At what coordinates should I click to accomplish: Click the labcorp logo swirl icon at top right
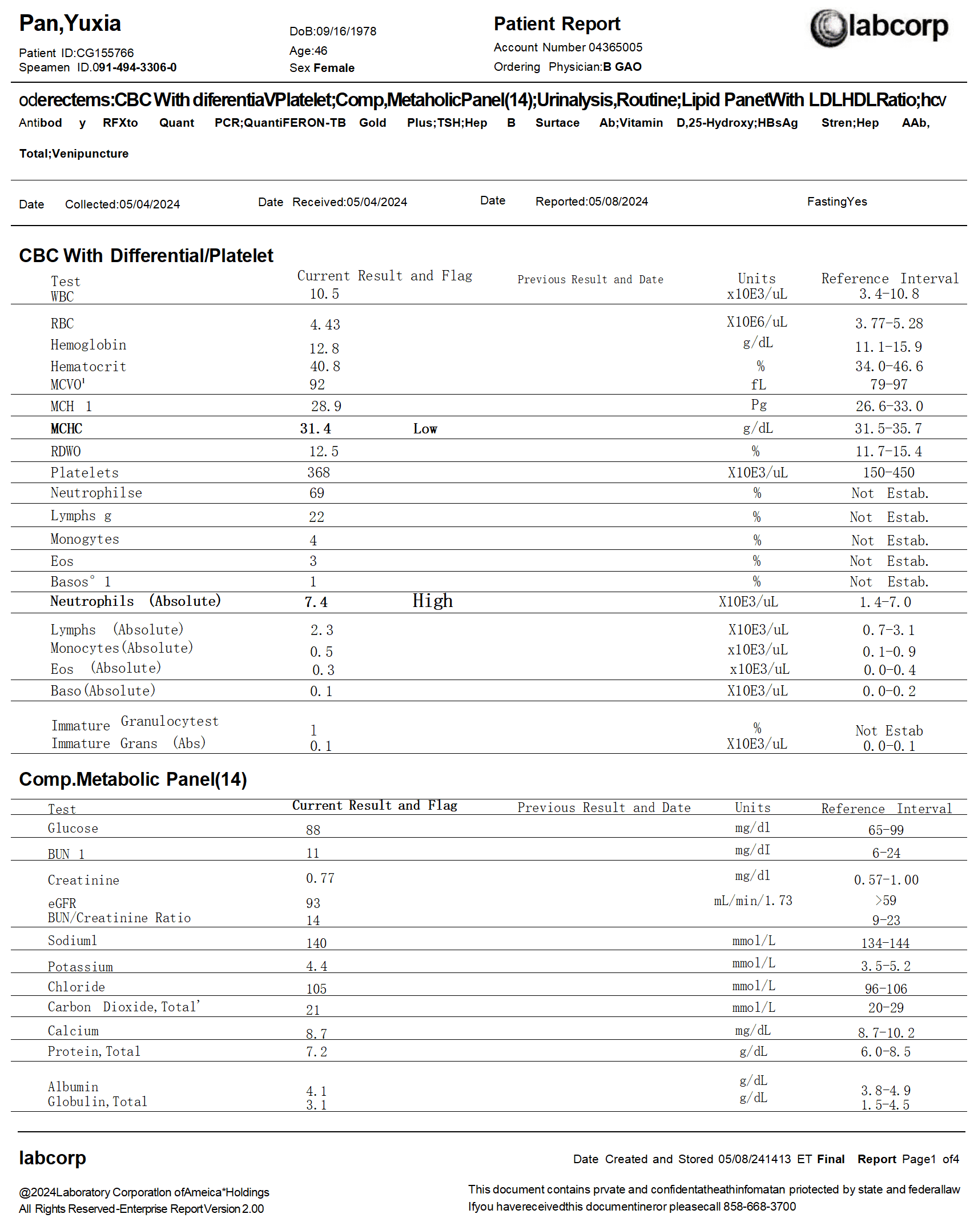coord(828,27)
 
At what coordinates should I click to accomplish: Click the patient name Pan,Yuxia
coord(70,23)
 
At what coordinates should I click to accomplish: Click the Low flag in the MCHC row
coord(425,429)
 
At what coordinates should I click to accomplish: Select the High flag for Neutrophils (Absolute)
coord(432,601)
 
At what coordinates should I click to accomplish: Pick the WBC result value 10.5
coord(324,294)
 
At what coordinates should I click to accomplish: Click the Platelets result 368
coord(319,473)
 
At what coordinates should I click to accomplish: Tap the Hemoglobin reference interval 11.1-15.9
coord(888,347)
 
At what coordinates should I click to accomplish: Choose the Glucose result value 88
coord(313,830)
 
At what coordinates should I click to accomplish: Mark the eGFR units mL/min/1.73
coord(752,901)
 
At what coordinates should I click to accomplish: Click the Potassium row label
coord(81,967)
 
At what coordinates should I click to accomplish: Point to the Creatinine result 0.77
coord(320,878)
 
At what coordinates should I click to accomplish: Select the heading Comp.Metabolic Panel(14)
coord(132,779)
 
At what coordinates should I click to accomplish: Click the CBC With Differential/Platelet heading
coord(146,256)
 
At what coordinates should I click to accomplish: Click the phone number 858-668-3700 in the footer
coord(759,1207)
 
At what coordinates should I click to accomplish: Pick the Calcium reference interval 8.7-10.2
coord(886,1033)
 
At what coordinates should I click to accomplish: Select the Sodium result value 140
coord(316,943)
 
